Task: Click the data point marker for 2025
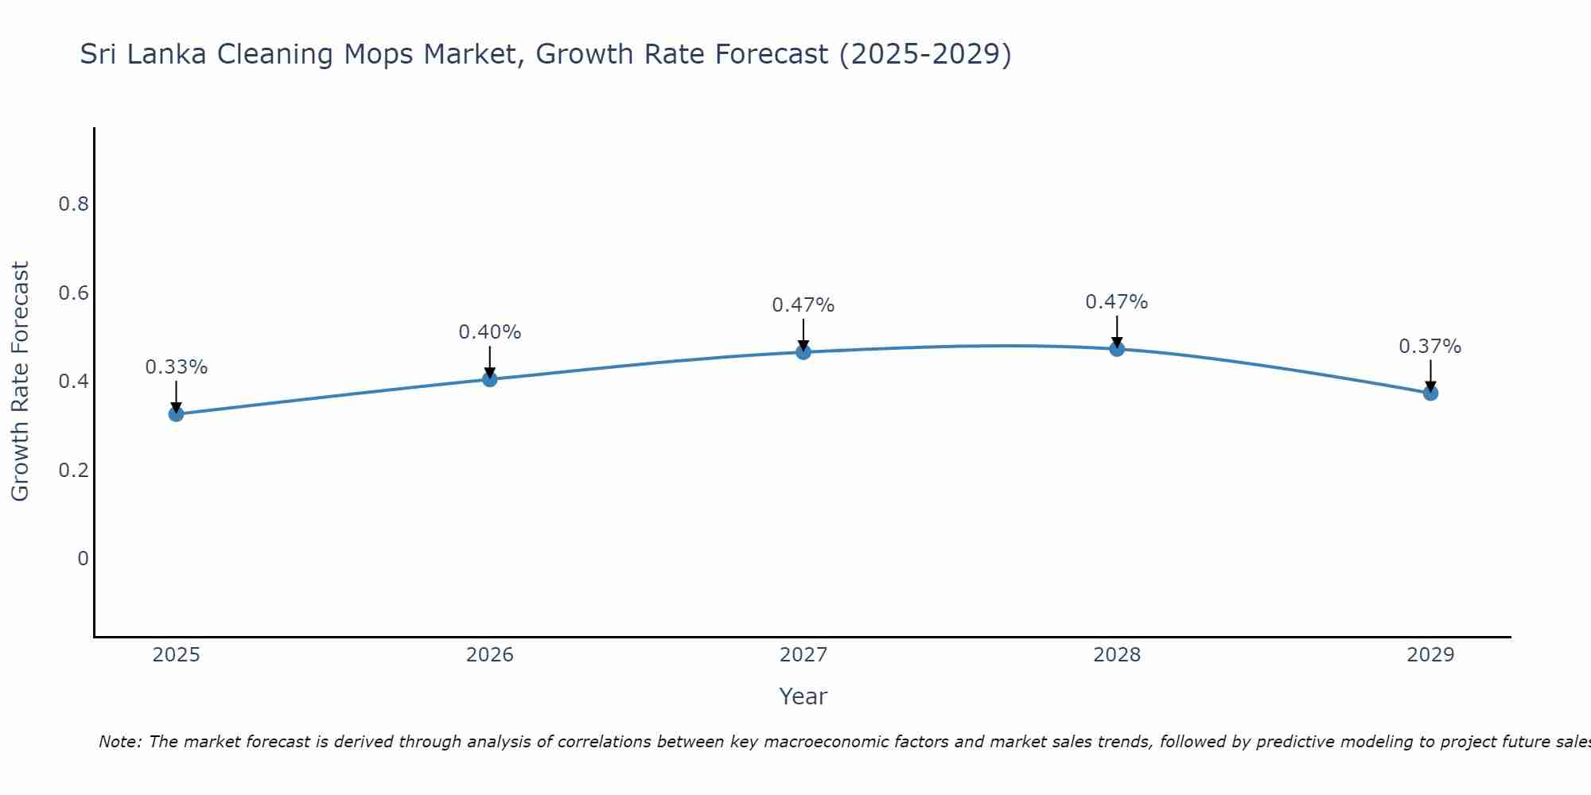[176, 414]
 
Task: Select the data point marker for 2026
[490, 379]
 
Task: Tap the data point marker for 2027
[803, 352]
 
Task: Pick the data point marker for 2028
[1117, 349]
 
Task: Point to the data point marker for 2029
[1430, 393]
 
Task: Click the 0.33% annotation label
[176, 367]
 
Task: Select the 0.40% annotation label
[490, 332]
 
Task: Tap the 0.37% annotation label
[1430, 347]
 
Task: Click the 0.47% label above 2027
[803, 305]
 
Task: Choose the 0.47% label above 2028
[1117, 302]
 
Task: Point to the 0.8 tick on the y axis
[73, 204]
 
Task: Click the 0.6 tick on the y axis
[73, 293]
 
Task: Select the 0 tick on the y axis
[83, 559]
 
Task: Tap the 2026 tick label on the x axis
[490, 655]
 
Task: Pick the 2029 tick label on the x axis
[1430, 655]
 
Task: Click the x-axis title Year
[803, 696]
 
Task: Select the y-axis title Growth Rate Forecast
[20, 382]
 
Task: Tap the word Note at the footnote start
[120, 742]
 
